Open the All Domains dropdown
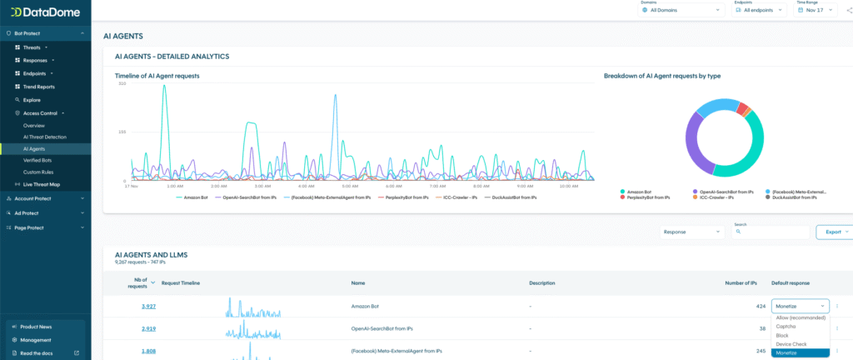point(681,10)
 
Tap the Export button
point(834,232)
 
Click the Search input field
point(772,232)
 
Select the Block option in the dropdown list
point(782,335)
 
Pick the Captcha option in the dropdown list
point(787,326)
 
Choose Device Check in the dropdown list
point(791,344)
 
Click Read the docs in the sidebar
point(38,353)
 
